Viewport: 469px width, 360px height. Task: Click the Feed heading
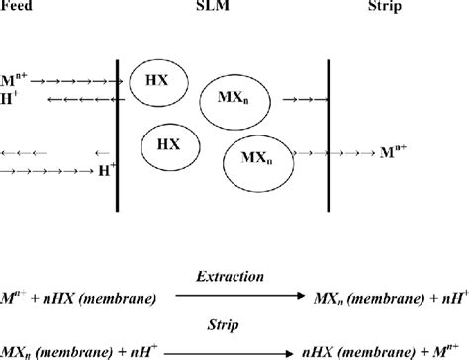(x=14, y=6)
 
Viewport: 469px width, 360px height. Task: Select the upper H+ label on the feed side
(x=11, y=98)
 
